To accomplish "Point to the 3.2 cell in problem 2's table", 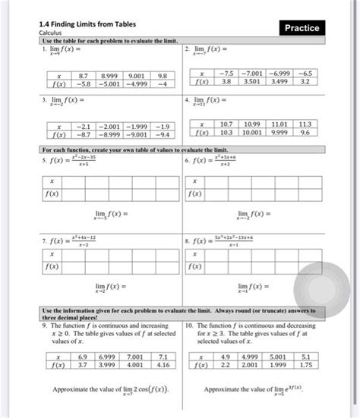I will [305, 80].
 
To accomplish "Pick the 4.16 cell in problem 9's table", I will [161, 364].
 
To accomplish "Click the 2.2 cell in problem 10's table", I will [226, 364].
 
